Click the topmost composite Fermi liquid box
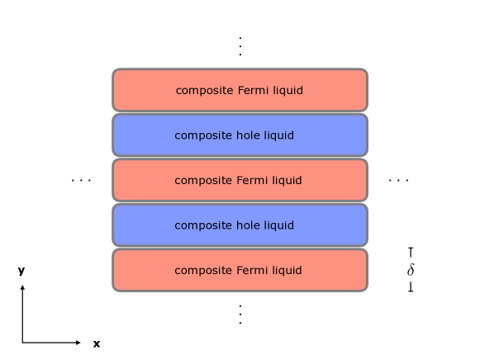click(x=240, y=90)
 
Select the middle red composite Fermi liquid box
click(x=240, y=180)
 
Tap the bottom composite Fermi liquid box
click(x=240, y=270)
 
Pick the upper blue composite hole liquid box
click(x=240, y=135)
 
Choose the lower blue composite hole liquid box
click(x=240, y=225)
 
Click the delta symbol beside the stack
click(x=411, y=270)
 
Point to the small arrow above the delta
click(x=411, y=252)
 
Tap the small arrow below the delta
click(x=411, y=287)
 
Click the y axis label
click(x=21, y=270)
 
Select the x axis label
click(x=97, y=343)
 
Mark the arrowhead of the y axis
click(x=22, y=288)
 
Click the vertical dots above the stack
click(x=240, y=45)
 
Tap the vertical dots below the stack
click(x=240, y=314)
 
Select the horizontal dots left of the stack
click(x=81, y=180)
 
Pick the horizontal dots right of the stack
click(x=398, y=180)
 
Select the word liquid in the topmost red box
click(x=287, y=90)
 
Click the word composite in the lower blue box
click(x=200, y=225)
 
